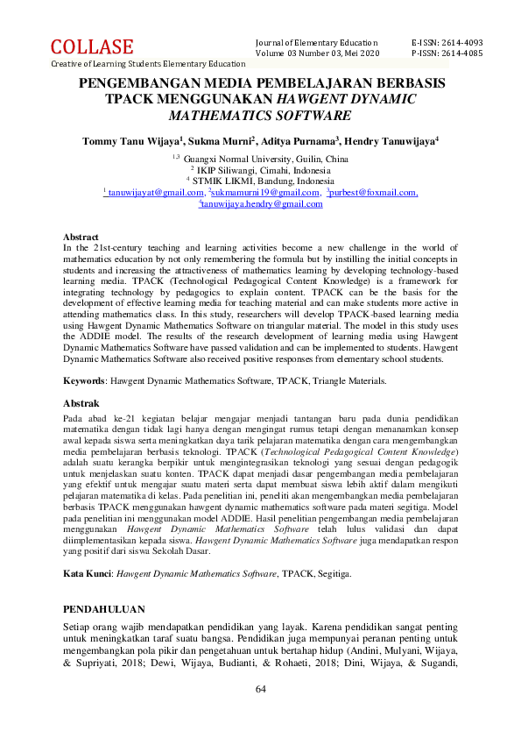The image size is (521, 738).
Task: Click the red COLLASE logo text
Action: click(x=92, y=47)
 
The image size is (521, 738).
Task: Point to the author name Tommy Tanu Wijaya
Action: click(x=130, y=140)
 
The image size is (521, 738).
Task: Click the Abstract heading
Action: click(x=81, y=238)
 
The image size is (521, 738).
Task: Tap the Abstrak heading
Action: click(x=81, y=403)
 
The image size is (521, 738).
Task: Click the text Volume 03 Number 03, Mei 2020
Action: click(x=318, y=53)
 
